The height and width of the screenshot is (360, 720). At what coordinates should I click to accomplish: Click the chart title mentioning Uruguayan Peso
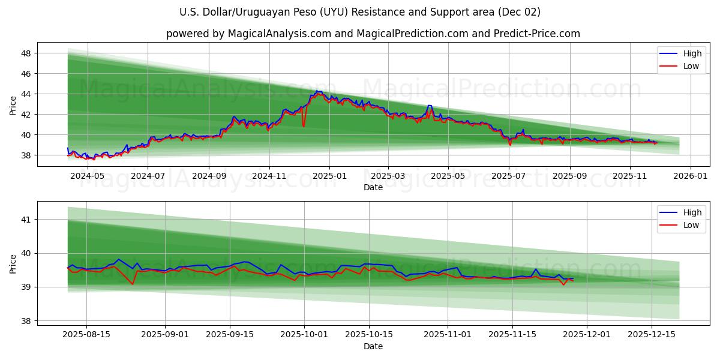pyautogui.click(x=360, y=12)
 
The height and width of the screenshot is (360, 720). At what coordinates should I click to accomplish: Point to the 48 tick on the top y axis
pyautogui.click(x=27, y=53)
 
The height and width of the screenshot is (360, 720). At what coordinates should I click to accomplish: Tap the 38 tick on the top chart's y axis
pyautogui.click(x=27, y=155)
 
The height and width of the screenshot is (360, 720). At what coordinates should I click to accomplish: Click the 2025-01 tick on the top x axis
pyautogui.click(x=329, y=176)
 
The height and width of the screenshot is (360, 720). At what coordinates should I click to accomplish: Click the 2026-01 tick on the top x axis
pyautogui.click(x=691, y=176)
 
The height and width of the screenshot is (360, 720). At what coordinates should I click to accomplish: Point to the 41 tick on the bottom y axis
pyautogui.click(x=27, y=220)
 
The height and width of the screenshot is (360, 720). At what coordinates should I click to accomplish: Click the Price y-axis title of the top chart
pyautogui.click(x=13, y=106)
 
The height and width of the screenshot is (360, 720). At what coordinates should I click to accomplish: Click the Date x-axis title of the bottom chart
pyautogui.click(x=373, y=346)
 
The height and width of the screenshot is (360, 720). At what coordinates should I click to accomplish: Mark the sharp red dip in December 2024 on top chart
pyautogui.click(x=304, y=125)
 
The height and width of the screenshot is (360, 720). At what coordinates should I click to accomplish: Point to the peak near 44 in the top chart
pyautogui.click(x=317, y=92)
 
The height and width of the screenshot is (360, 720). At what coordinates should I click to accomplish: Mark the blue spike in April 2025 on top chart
pyautogui.click(x=429, y=106)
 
